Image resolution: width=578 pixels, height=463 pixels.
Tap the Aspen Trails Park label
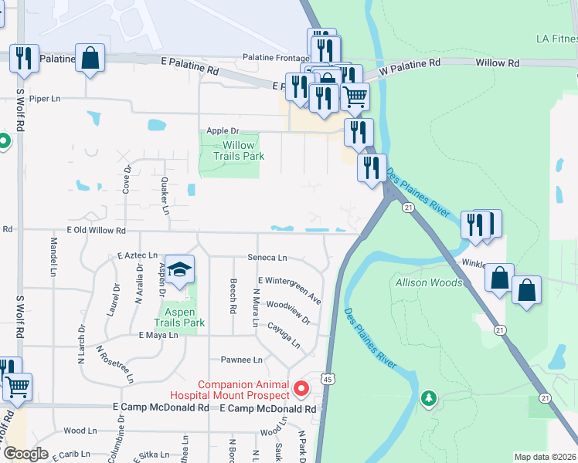tap(179, 317)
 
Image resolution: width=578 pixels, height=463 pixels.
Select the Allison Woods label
tap(429, 283)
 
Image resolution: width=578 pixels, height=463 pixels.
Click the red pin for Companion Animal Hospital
tap(303, 386)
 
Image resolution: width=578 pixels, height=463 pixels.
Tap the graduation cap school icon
tap(180, 269)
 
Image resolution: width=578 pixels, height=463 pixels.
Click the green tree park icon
tap(428, 398)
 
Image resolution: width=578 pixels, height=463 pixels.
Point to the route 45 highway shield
tap(328, 379)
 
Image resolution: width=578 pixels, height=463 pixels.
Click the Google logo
tap(25, 454)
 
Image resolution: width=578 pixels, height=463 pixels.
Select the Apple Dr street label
tap(223, 132)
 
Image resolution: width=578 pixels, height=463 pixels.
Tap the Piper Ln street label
tap(44, 99)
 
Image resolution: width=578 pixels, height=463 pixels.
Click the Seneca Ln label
tap(267, 258)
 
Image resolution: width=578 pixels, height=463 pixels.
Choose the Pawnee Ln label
tap(241, 360)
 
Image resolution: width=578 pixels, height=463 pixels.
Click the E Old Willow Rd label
tap(96, 230)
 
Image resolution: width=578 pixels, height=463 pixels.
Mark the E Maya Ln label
tap(158, 335)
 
